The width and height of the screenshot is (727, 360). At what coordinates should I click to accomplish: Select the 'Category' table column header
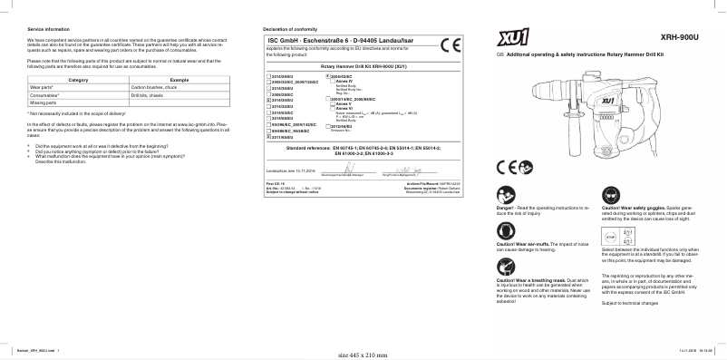tap(79, 81)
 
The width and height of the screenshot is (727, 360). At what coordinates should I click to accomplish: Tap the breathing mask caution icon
tap(505, 268)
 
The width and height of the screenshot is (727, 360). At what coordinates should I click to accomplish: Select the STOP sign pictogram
tap(609, 232)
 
